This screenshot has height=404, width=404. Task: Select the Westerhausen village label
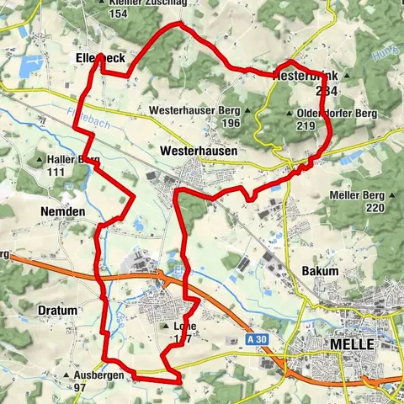198,149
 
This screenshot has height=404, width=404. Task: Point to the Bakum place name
320,272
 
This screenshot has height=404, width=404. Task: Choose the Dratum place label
58,311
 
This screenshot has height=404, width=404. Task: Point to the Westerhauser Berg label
193,110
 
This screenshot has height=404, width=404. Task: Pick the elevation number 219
306,125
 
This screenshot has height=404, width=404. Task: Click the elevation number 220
375,207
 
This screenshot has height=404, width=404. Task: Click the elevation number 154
119,14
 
